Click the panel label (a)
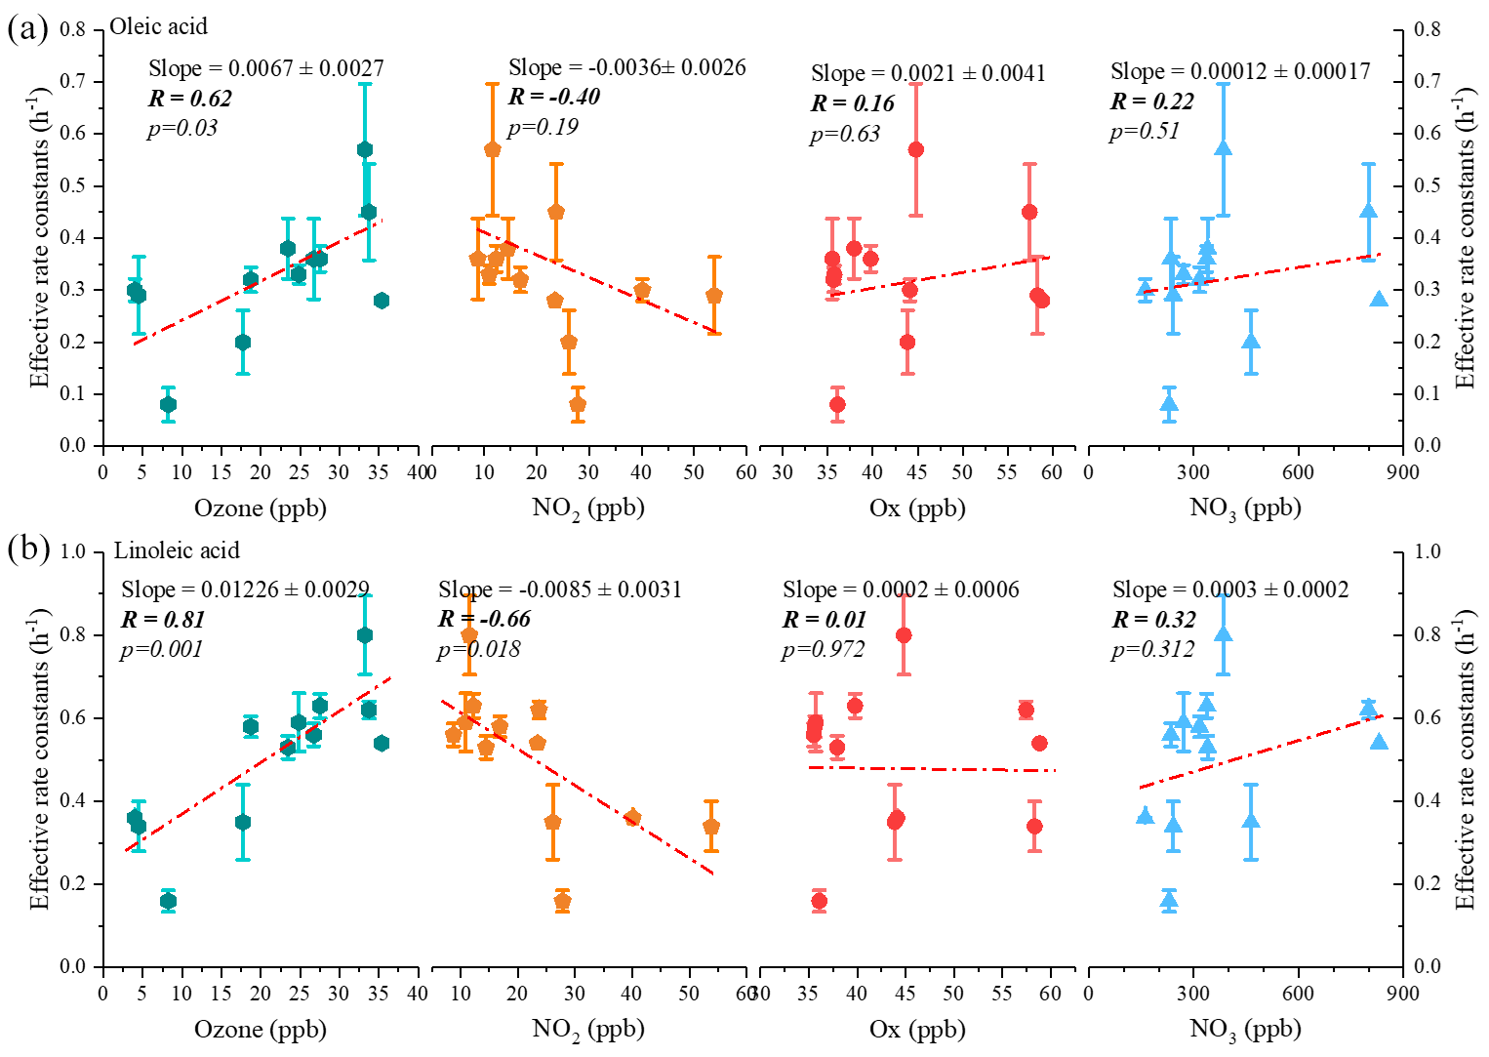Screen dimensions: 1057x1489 tap(26, 28)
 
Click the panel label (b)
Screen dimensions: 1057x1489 tap(27, 549)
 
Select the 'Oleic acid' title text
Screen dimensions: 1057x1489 tap(159, 26)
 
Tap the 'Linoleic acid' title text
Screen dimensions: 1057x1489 tap(177, 550)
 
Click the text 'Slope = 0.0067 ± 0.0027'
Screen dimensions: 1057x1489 tap(266, 68)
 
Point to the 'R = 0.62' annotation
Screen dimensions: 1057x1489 tap(190, 99)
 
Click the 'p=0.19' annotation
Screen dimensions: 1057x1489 tap(543, 127)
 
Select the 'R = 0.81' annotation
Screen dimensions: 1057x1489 tap(163, 620)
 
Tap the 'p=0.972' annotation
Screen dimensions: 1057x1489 tap(823, 650)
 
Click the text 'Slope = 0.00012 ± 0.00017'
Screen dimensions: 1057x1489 tap(1240, 71)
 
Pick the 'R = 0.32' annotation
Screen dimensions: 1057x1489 tap(1154, 620)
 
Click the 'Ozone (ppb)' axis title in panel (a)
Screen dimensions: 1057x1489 tap(261, 508)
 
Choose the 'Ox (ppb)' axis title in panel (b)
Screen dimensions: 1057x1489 tap(917, 1029)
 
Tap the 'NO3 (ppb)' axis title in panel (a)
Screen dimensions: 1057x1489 tap(1245, 508)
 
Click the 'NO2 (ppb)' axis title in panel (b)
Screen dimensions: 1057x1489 tap(588, 1029)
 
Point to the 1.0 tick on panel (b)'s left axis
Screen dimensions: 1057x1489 tap(74, 551)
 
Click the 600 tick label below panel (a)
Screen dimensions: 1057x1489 tap(1298, 472)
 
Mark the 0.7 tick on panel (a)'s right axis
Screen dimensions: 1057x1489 tap(1428, 81)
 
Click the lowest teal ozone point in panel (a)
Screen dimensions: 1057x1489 tap(168, 404)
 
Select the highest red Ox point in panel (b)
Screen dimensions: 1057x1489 tap(904, 635)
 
